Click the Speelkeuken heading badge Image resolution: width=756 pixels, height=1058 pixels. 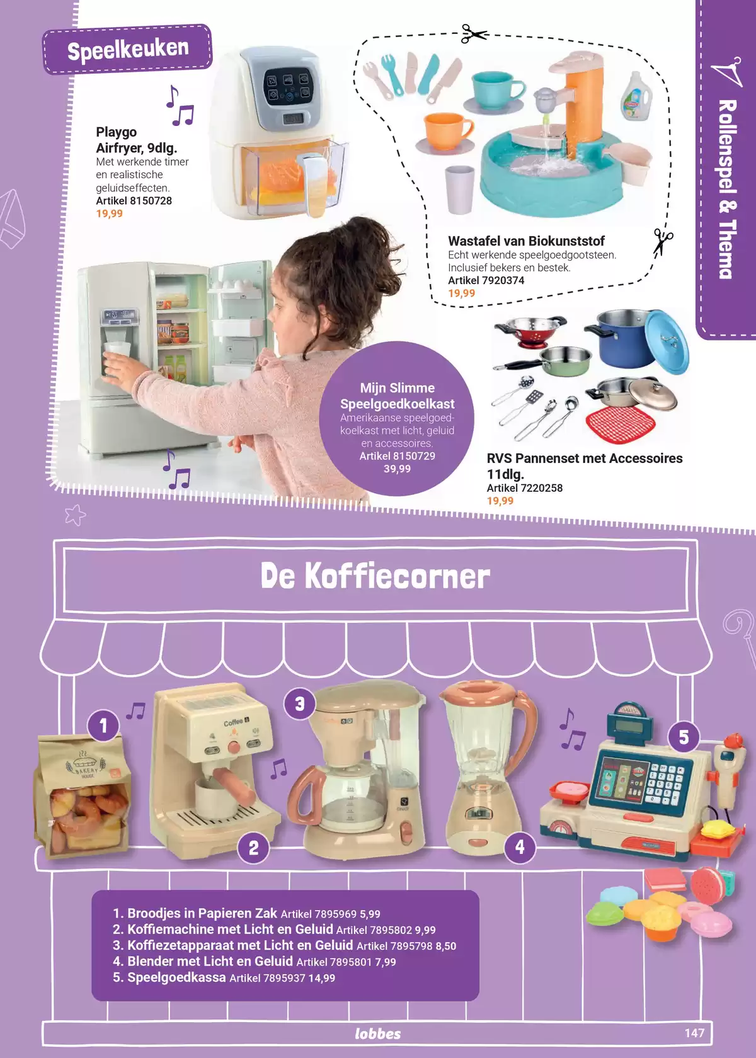[127, 49]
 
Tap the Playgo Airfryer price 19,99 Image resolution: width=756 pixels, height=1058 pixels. [109, 213]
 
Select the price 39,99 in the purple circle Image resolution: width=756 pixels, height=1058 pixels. [397, 469]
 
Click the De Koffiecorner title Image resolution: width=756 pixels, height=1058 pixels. [375, 576]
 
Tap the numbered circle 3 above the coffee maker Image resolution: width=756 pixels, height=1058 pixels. [300, 704]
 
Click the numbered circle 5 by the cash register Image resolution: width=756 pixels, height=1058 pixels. [684, 737]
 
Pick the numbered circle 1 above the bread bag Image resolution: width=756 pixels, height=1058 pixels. [103, 725]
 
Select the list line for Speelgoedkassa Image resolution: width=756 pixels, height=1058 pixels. [224, 977]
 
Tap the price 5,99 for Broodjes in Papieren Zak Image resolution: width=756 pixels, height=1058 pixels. [370, 914]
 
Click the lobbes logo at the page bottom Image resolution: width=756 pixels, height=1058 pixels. [377, 1033]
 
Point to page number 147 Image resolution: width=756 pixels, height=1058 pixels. [694, 1033]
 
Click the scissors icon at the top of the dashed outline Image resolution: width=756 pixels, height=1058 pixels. [474, 34]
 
